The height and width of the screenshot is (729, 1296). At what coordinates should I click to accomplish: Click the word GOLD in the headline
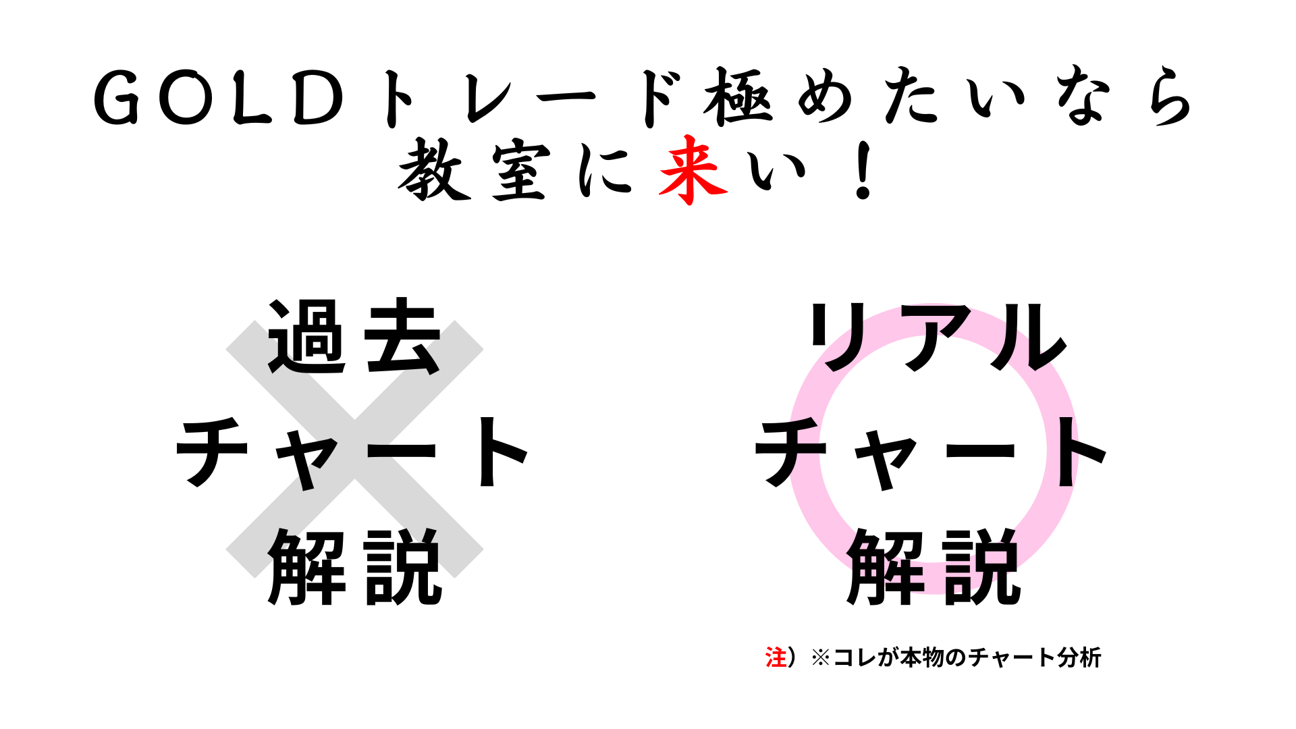pos(219,99)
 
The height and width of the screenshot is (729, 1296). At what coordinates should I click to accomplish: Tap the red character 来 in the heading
pos(693,170)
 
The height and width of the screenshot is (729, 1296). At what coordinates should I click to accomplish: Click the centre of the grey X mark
pos(354,449)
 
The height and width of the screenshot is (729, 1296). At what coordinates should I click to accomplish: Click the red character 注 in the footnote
pos(776,657)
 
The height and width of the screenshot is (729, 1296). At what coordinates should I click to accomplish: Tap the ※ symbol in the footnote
pos(821,657)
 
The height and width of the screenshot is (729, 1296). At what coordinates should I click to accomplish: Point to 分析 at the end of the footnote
pos(1079,657)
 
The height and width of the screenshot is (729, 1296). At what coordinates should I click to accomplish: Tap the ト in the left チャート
pos(503,451)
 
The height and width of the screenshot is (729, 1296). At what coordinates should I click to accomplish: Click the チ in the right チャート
pos(790,451)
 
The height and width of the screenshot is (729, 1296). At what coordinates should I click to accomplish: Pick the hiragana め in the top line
pos(825,97)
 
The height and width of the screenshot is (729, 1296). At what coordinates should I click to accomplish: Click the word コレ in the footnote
pos(855,657)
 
